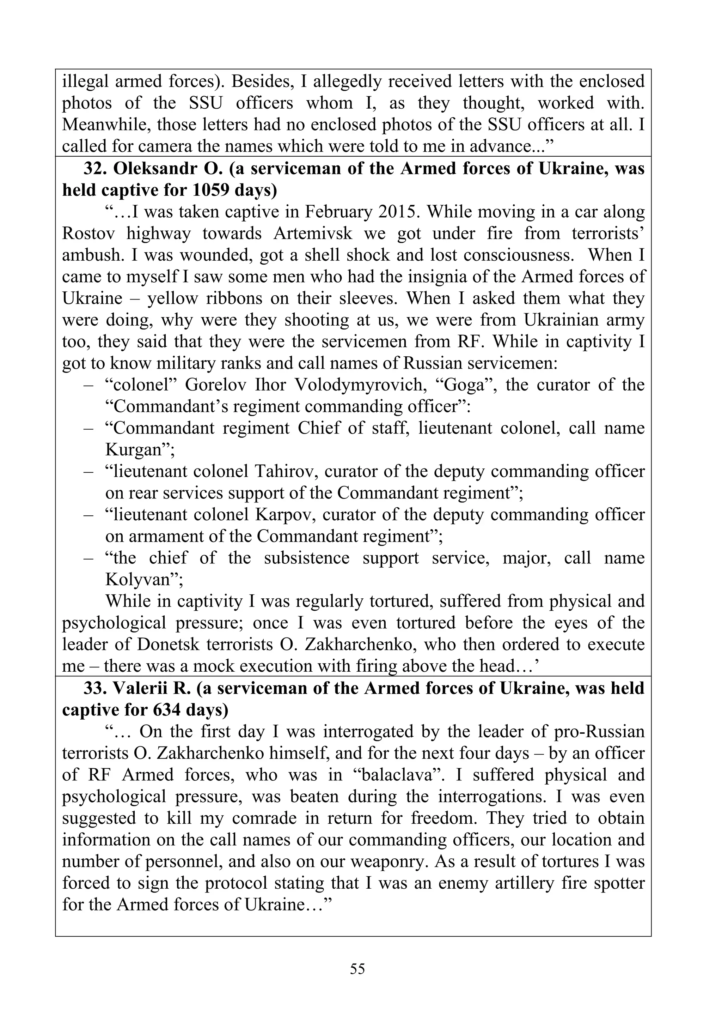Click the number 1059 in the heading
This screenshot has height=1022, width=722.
tap(210, 191)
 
